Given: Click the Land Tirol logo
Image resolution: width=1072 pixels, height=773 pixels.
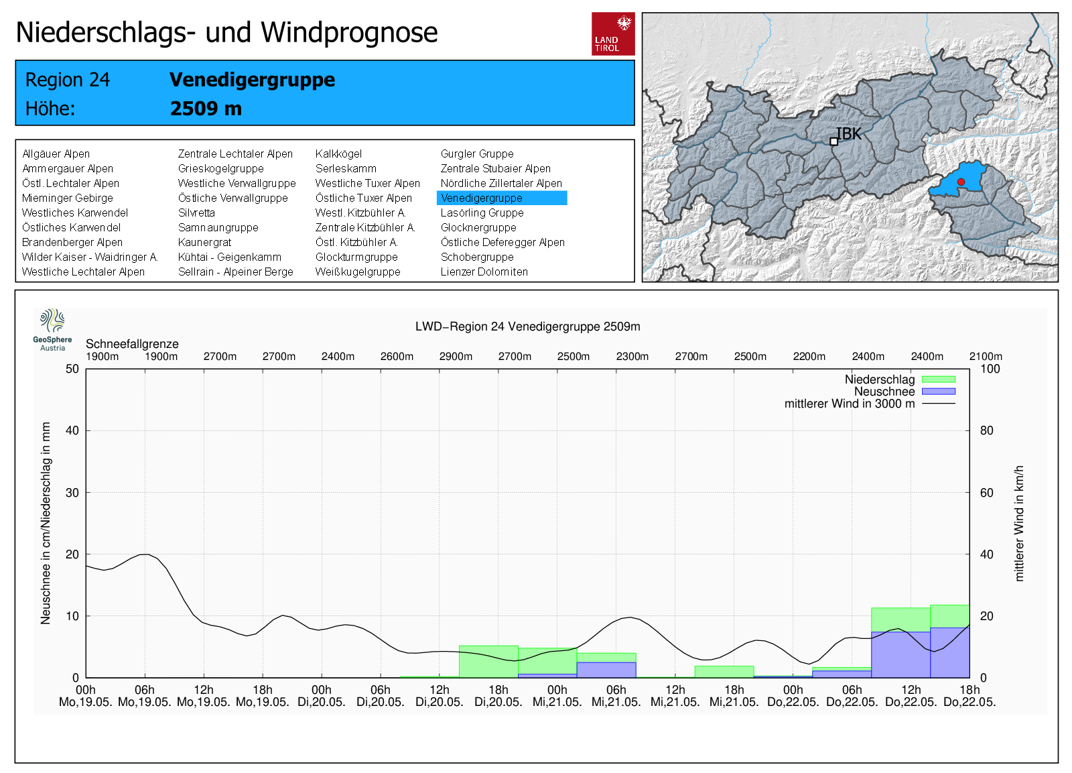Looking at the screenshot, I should click(x=613, y=34).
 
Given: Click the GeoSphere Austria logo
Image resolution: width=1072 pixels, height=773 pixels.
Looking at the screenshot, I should click(x=52, y=329).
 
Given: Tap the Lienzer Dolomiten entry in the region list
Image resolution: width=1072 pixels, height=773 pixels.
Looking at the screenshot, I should click(x=484, y=272).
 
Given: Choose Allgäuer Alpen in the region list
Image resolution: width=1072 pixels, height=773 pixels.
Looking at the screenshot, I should click(x=56, y=154).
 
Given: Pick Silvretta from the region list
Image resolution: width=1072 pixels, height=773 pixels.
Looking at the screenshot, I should click(x=196, y=213).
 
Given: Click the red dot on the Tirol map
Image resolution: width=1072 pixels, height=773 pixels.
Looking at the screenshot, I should click(x=961, y=182).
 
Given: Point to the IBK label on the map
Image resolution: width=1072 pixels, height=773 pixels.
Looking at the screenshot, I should click(x=848, y=134).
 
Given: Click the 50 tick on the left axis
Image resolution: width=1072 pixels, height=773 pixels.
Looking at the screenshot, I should click(x=72, y=369).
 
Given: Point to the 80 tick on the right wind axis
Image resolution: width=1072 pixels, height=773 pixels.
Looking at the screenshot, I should click(x=987, y=430).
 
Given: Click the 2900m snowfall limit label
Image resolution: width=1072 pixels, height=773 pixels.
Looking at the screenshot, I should click(x=456, y=357).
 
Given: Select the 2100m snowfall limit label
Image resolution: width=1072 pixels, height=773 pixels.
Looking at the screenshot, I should click(x=986, y=357).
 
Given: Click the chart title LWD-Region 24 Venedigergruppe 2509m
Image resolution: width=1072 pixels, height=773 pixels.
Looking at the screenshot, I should click(x=527, y=326).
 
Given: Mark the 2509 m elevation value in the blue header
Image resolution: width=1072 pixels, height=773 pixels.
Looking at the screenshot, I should click(x=206, y=109).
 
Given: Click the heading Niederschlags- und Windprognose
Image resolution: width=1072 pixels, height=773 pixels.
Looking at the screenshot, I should click(x=226, y=32).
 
